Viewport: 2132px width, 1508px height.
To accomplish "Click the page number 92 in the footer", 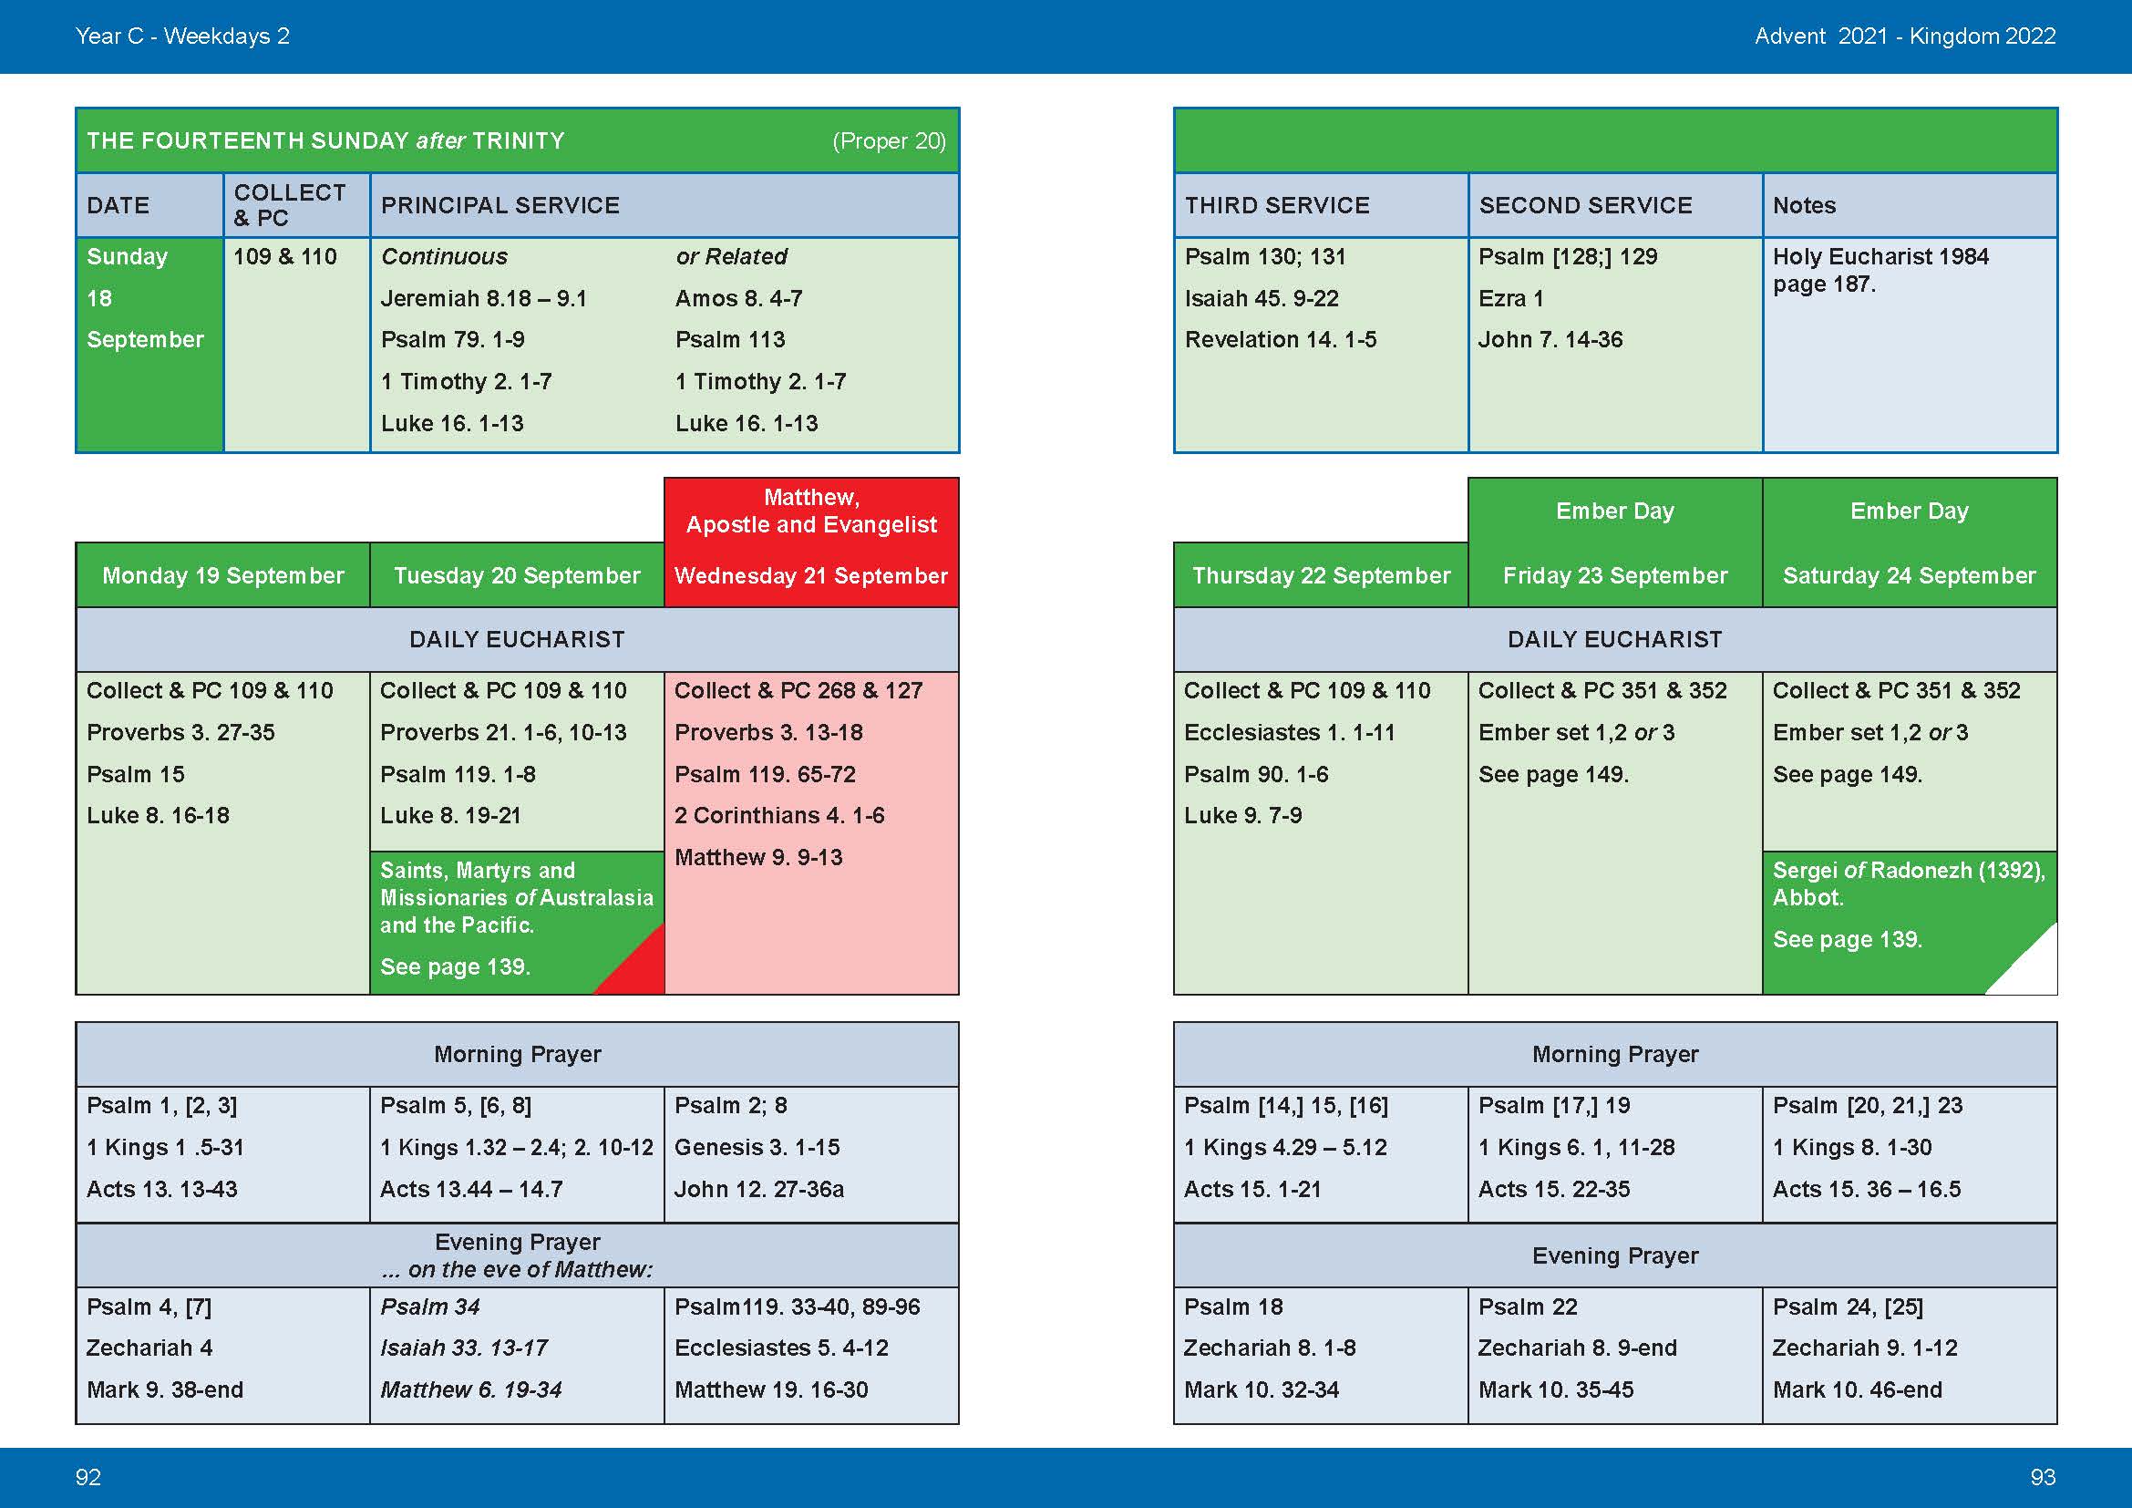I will pos(88,1476).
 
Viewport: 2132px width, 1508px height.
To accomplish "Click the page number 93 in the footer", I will pos(2042,1476).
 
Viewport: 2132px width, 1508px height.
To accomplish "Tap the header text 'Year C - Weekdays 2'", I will pos(182,36).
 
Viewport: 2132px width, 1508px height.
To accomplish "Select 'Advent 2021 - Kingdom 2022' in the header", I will pos(1904,36).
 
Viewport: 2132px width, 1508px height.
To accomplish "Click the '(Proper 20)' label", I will pos(889,141).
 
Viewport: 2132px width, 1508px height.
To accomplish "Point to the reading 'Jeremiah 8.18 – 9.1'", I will pos(484,299).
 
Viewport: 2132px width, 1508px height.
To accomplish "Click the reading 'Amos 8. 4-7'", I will pos(738,299).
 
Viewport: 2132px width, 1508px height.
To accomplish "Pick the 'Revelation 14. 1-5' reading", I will pos(1280,340).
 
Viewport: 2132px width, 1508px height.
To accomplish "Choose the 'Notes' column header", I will pos(1803,205).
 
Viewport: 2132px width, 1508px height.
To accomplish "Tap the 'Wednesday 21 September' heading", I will pos(810,575).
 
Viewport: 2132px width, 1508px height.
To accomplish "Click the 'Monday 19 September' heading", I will pos(222,575).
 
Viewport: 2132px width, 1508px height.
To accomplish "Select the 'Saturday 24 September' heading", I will pos(1910,575).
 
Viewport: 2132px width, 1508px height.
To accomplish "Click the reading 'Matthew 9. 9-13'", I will pos(757,857).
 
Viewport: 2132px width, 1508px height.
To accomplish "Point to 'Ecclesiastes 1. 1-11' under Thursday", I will pos(1289,733).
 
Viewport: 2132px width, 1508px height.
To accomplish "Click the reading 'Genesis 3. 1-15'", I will pos(757,1148).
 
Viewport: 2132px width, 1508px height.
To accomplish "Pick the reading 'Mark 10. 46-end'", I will pos(1856,1390).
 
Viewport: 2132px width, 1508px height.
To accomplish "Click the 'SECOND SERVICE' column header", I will pos(1585,205).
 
